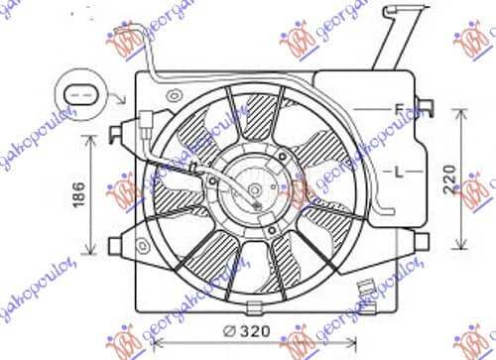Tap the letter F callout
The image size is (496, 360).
[398, 107]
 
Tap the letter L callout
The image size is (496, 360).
[398, 173]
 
